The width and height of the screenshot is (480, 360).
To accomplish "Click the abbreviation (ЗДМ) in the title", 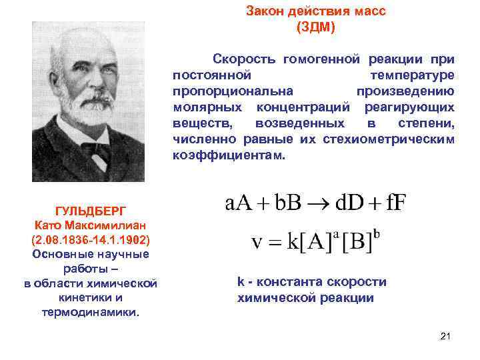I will tap(315, 27).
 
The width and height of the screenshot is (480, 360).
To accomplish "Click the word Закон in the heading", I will tap(264, 12).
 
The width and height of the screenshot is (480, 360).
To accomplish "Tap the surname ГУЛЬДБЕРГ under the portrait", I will tap(90, 210).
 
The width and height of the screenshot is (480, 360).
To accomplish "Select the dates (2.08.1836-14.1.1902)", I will tap(90, 239).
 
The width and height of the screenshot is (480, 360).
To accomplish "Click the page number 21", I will tap(446, 336).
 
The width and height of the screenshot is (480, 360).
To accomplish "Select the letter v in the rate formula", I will tap(257, 242).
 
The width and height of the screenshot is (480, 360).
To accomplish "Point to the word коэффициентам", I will tap(229, 155).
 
